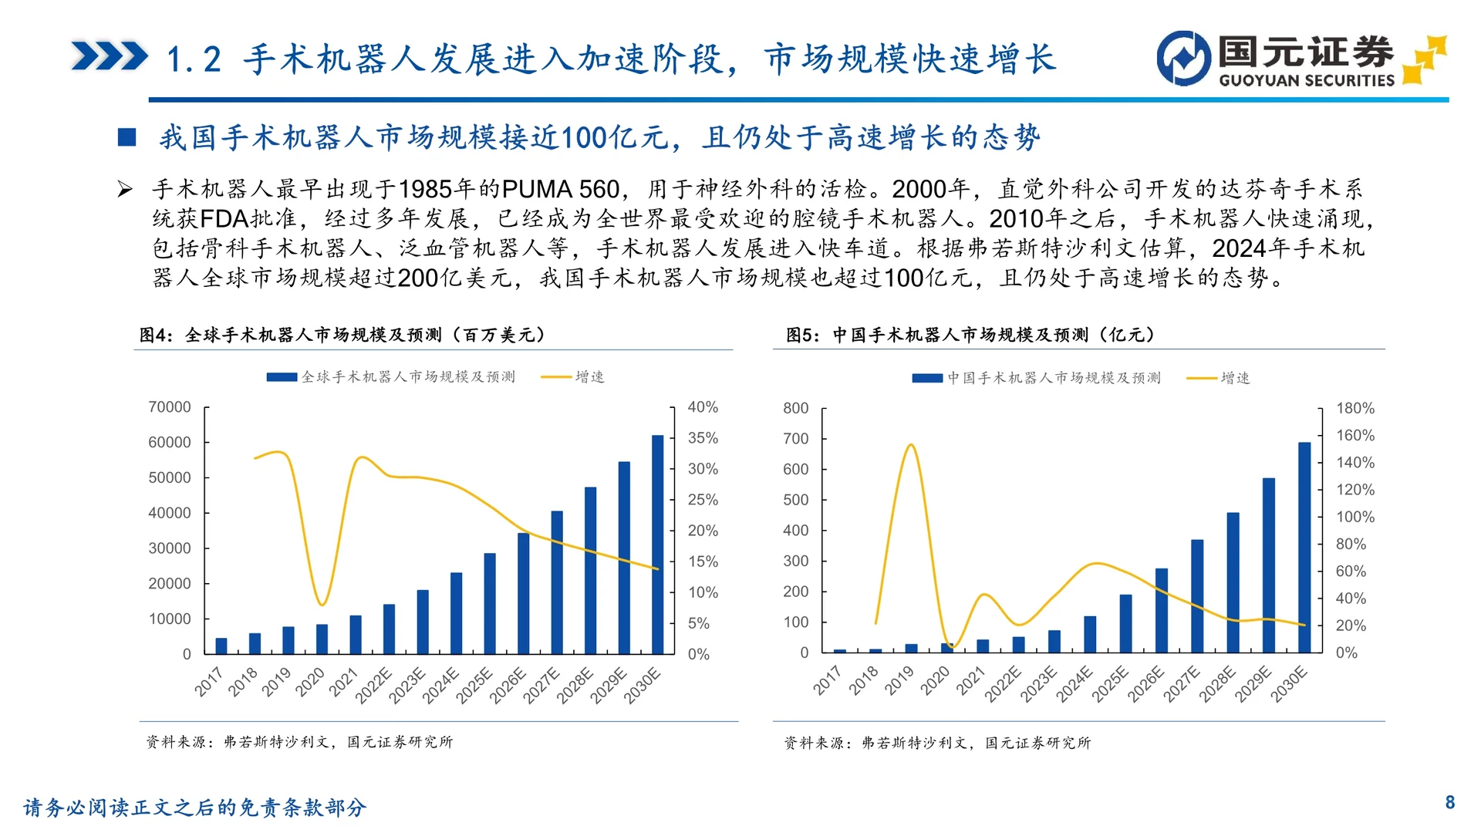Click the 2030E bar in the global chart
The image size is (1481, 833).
[657, 545]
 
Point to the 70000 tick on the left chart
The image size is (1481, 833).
[170, 407]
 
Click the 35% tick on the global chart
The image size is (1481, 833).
[703, 438]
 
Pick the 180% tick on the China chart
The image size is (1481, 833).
[1355, 408]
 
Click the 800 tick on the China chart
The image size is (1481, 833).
[796, 408]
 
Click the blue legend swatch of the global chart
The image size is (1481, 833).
[282, 377]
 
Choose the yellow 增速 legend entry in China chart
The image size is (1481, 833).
[1219, 378]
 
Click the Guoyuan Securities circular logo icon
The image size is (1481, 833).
[1183, 58]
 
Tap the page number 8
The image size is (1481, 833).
[1449, 802]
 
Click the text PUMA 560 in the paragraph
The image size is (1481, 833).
[560, 189]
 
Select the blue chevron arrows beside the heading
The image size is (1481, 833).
[109, 56]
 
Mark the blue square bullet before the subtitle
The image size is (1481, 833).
[127, 137]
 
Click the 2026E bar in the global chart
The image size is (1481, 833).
[523, 593]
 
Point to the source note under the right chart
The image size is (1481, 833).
[937, 743]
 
